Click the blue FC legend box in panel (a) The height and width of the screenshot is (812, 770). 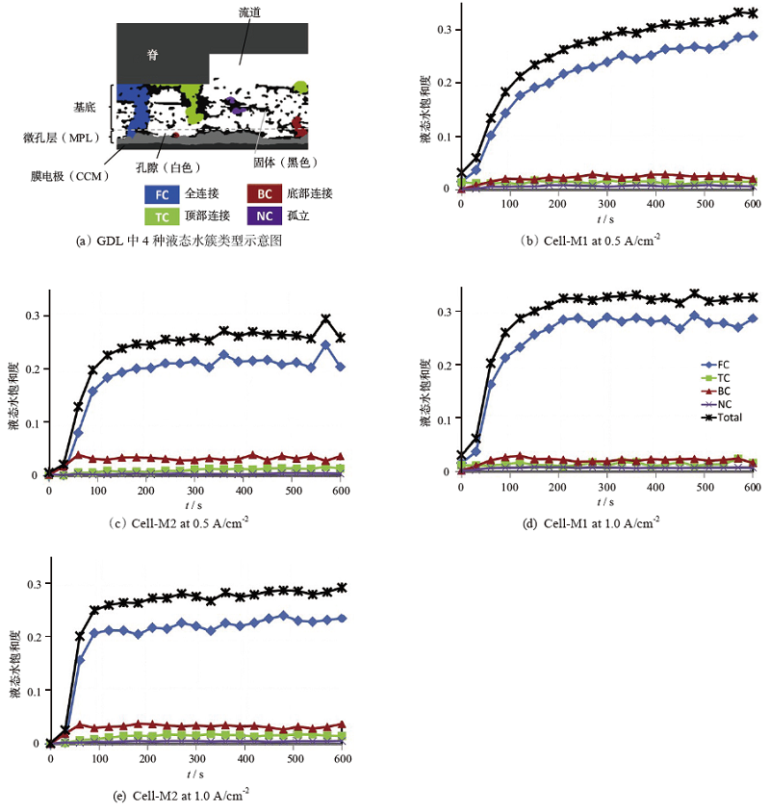coord(163,193)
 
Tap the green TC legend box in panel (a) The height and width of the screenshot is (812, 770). coord(163,217)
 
